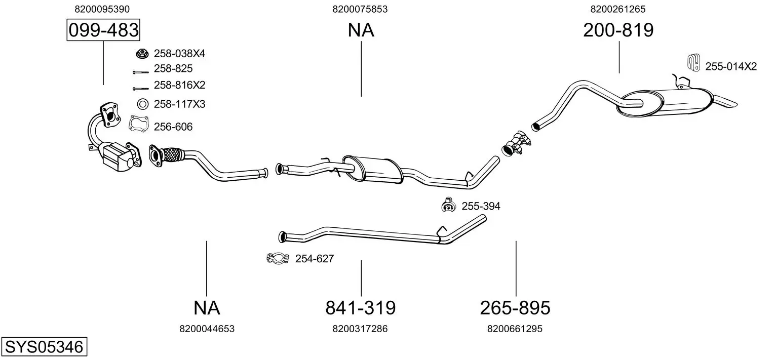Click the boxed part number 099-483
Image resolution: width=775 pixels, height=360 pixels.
[103, 30]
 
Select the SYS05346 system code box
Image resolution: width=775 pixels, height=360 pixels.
[44, 346]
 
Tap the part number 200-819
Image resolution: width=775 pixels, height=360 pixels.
[618, 30]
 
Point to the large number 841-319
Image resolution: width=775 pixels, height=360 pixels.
[361, 307]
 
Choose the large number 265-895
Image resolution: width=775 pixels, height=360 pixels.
[515, 307]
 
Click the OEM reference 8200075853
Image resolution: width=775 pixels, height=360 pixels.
[360, 9]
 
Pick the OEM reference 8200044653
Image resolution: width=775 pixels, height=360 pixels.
[207, 329]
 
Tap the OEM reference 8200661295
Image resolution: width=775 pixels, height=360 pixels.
[515, 329]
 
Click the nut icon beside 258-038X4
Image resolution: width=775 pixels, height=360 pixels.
[142, 54]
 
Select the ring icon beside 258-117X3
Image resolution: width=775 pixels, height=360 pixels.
[142, 104]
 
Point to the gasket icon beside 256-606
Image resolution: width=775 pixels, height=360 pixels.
[139, 124]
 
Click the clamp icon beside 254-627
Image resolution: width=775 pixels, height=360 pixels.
[278, 258]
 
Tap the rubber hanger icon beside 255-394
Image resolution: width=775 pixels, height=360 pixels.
[448, 205]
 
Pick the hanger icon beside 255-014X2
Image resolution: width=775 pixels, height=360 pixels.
[693, 63]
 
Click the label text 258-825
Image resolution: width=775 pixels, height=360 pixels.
[173, 68]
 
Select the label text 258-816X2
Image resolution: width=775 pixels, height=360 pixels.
[179, 85]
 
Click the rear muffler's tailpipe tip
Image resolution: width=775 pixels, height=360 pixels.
[726, 102]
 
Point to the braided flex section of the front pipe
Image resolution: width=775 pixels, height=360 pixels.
[172, 154]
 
